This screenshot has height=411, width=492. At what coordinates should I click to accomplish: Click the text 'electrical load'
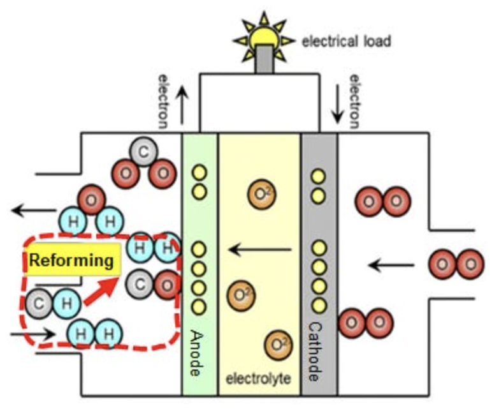[346, 42]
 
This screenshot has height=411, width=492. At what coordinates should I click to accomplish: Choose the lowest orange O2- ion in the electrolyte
[279, 345]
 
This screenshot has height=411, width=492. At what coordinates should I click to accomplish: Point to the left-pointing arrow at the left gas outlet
[28, 209]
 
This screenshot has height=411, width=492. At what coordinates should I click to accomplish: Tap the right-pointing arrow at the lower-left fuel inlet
[25, 333]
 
